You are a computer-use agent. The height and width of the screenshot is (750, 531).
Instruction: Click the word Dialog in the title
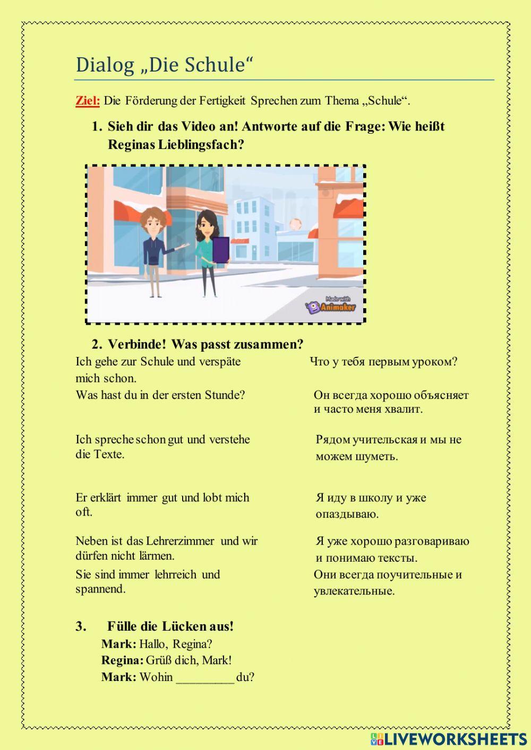tap(105, 65)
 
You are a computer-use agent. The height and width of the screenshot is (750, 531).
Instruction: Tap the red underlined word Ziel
tap(87, 101)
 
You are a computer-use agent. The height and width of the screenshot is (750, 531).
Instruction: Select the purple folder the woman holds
tap(221, 250)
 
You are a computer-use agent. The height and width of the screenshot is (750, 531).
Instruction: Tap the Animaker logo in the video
tap(331, 306)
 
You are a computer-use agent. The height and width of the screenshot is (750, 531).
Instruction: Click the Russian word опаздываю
tap(347, 514)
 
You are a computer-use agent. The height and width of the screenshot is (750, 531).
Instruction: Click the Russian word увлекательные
tap(354, 591)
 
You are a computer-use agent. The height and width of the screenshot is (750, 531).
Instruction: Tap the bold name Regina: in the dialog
tap(122, 660)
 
